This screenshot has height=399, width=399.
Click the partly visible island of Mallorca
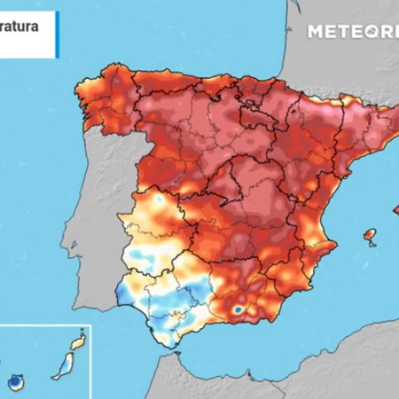pyautogui.click(x=395, y=209)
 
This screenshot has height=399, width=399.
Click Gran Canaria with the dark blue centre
pyautogui.click(x=16, y=382)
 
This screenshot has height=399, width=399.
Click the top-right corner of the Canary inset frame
pyautogui.click(x=92, y=325)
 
